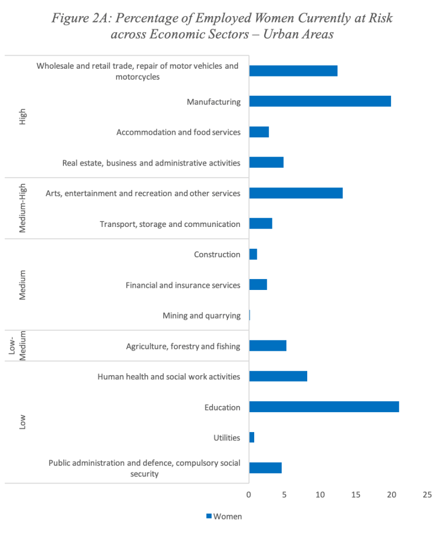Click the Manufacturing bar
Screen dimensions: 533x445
coord(320,101)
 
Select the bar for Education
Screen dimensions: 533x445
coord(324,407)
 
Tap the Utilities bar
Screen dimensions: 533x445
coord(252,437)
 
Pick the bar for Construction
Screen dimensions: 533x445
coord(253,254)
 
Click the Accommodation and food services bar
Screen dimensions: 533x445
coord(259,132)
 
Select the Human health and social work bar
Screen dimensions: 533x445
coord(278,376)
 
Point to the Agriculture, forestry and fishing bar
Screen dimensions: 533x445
coord(268,346)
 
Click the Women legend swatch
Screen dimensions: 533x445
coord(209,516)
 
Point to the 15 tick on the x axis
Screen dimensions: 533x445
coord(356,494)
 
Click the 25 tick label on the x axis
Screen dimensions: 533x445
coord(427,494)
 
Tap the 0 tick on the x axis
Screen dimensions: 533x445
coord(249,494)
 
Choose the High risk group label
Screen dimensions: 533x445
coord(22,117)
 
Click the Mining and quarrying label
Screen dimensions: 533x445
coord(201,315)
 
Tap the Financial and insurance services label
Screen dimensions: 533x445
coord(183,285)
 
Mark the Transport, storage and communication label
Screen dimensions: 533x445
coord(170,224)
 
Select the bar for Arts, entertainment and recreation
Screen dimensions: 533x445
coord(296,193)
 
